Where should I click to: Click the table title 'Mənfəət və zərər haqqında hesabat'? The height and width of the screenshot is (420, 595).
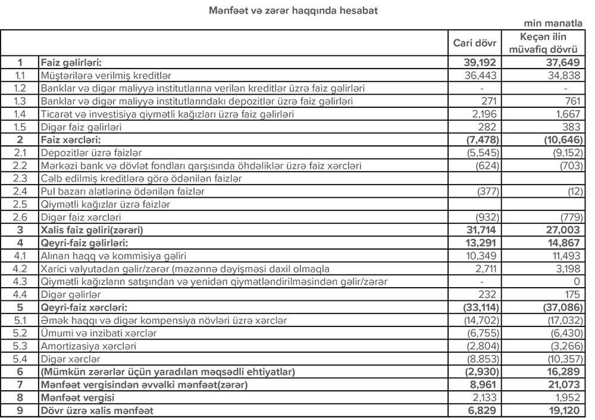pyautogui.click(x=293, y=10)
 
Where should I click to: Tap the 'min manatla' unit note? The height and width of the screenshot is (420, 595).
pyautogui.click(x=553, y=24)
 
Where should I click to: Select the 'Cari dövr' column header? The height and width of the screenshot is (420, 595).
pyautogui.click(x=475, y=43)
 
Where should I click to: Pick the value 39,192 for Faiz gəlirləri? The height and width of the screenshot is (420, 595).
pyautogui.click(x=484, y=61)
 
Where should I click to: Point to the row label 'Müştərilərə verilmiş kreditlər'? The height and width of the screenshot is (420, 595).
pyautogui.click(x=105, y=74)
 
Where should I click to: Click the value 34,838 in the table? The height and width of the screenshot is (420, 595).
pyautogui.click(x=562, y=74)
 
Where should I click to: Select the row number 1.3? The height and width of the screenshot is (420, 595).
pyautogui.click(x=20, y=101)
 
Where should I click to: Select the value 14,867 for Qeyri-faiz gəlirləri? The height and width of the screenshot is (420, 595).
pyautogui.click(x=559, y=243)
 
